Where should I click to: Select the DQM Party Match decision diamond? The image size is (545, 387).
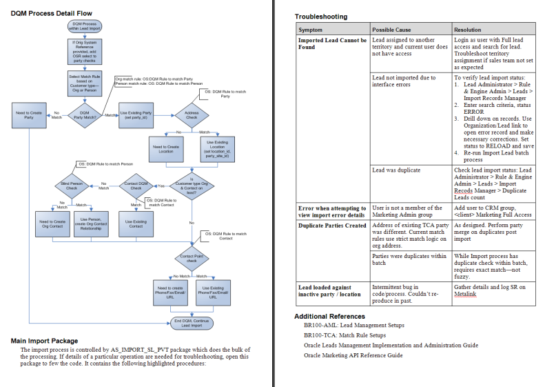[84, 114]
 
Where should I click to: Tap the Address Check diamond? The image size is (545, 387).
[192, 114]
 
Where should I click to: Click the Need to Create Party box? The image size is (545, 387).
[28, 114]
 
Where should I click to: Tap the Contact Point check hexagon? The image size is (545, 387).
[192, 259]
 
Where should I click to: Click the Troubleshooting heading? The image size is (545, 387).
[321, 17]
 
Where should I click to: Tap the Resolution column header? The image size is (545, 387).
[469, 30]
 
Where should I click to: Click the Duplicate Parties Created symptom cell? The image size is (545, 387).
[332, 226]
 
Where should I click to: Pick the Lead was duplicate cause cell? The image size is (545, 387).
[395, 170]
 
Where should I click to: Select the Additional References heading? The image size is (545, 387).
[331, 316]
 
